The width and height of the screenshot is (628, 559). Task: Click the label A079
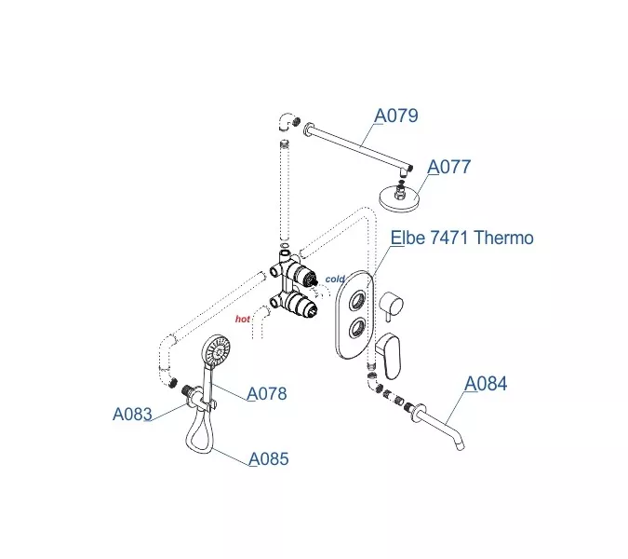click(x=396, y=116)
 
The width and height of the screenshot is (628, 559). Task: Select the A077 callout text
click(x=448, y=168)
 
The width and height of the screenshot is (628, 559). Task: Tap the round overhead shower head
click(x=401, y=198)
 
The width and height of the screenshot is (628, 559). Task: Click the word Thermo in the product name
click(x=503, y=238)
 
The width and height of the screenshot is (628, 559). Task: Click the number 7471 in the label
click(x=448, y=238)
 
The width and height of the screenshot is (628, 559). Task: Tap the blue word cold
click(x=335, y=279)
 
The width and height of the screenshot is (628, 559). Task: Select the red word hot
click(x=243, y=319)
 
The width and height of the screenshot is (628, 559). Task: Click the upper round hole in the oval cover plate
click(x=357, y=301)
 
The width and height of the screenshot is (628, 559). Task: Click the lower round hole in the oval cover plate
click(x=357, y=329)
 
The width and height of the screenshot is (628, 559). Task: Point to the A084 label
click(x=486, y=384)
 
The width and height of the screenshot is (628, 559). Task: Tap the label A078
click(x=266, y=394)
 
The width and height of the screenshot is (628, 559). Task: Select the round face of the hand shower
click(x=217, y=353)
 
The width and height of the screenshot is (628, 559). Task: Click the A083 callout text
click(x=132, y=415)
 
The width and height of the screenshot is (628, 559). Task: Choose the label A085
click(x=269, y=459)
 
